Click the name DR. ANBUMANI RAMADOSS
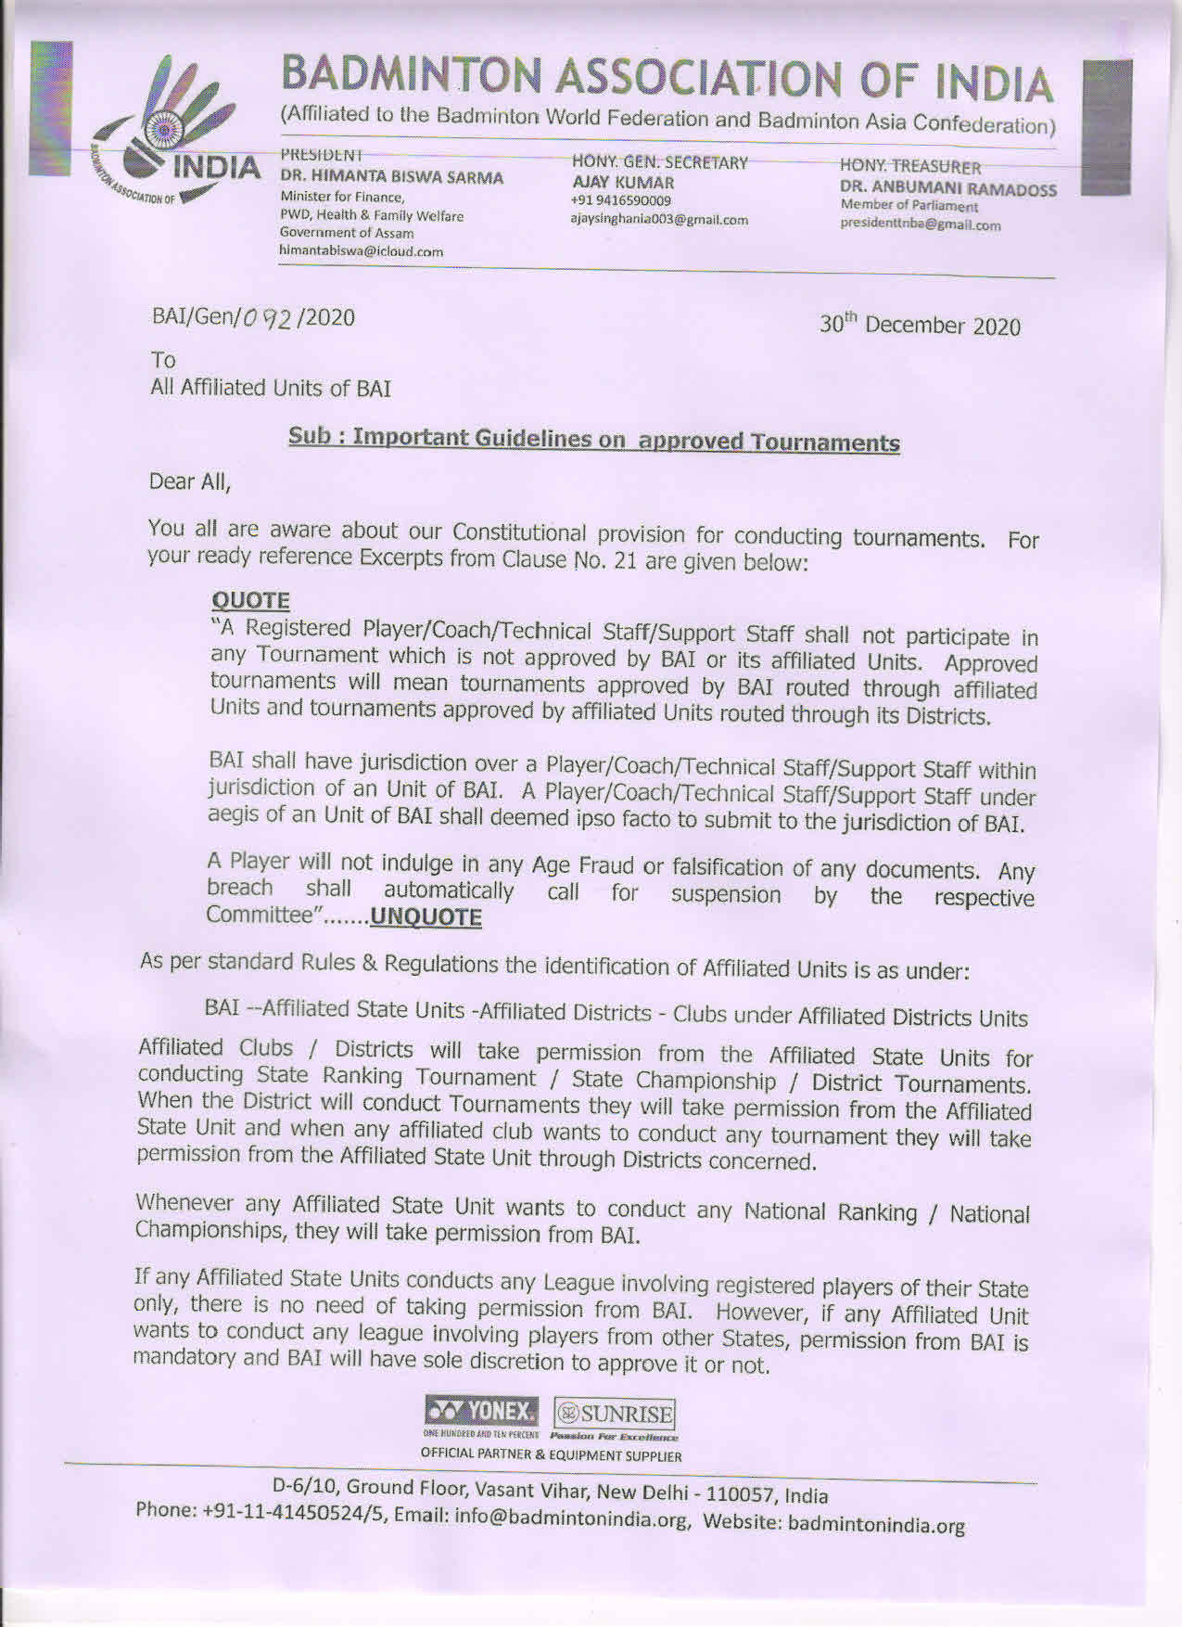pyautogui.click(x=947, y=189)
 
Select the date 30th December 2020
pyautogui.click(x=920, y=326)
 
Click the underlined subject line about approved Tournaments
pyautogui.click(x=593, y=439)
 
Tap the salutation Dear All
pyautogui.click(x=189, y=481)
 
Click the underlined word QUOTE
pyautogui.click(x=250, y=600)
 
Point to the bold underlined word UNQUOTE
pyautogui.click(x=426, y=918)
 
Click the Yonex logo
pyautogui.click(x=481, y=1413)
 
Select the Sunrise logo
pyautogui.click(x=614, y=1415)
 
